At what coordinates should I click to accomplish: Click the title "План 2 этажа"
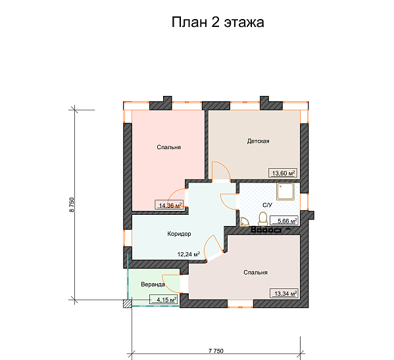(x=218, y=23)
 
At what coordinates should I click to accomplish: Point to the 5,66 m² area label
(x=287, y=221)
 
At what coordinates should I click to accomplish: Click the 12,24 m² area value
(x=188, y=253)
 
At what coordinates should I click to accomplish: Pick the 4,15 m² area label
(x=164, y=300)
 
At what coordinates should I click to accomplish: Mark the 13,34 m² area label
(x=284, y=293)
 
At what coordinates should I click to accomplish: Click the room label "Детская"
(x=259, y=141)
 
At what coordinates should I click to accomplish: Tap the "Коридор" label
(x=178, y=234)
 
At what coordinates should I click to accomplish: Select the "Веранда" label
(x=153, y=284)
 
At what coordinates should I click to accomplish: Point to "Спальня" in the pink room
(x=169, y=148)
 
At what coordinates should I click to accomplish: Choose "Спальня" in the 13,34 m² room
(x=255, y=272)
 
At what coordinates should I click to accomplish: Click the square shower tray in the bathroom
(x=287, y=192)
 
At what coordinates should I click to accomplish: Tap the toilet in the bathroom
(x=263, y=217)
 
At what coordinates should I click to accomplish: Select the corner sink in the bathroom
(x=244, y=221)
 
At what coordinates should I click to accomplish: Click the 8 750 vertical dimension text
(x=72, y=204)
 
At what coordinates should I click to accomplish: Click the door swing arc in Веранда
(x=170, y=282)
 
